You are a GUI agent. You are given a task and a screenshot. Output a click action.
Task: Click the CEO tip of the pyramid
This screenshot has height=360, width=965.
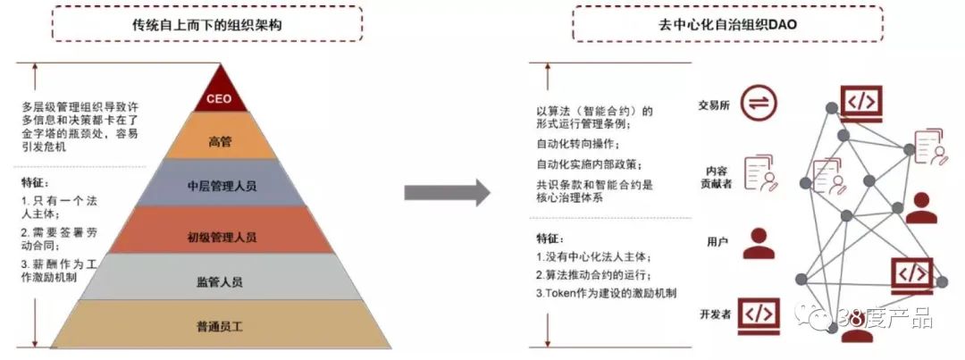[x=219, y=97]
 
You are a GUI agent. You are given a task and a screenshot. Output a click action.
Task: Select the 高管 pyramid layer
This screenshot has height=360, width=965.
[x=219, y=140]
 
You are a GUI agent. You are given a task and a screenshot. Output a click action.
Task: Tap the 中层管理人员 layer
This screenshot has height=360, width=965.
[x=220, y=186]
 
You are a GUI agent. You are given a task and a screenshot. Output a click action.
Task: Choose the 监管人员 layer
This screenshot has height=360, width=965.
[x=220, y=282]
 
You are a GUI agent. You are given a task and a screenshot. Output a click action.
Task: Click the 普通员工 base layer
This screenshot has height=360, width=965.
[x=220, y=326]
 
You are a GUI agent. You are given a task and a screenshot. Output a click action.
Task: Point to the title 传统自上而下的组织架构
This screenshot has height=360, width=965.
[x=206, y=24]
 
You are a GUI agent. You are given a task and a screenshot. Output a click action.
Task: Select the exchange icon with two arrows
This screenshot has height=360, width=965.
[x=758, y=102]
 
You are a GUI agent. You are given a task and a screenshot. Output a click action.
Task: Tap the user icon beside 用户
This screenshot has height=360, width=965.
[x=759, y=242]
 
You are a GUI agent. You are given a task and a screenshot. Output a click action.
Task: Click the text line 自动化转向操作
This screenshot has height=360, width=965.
[x=576, y=144]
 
